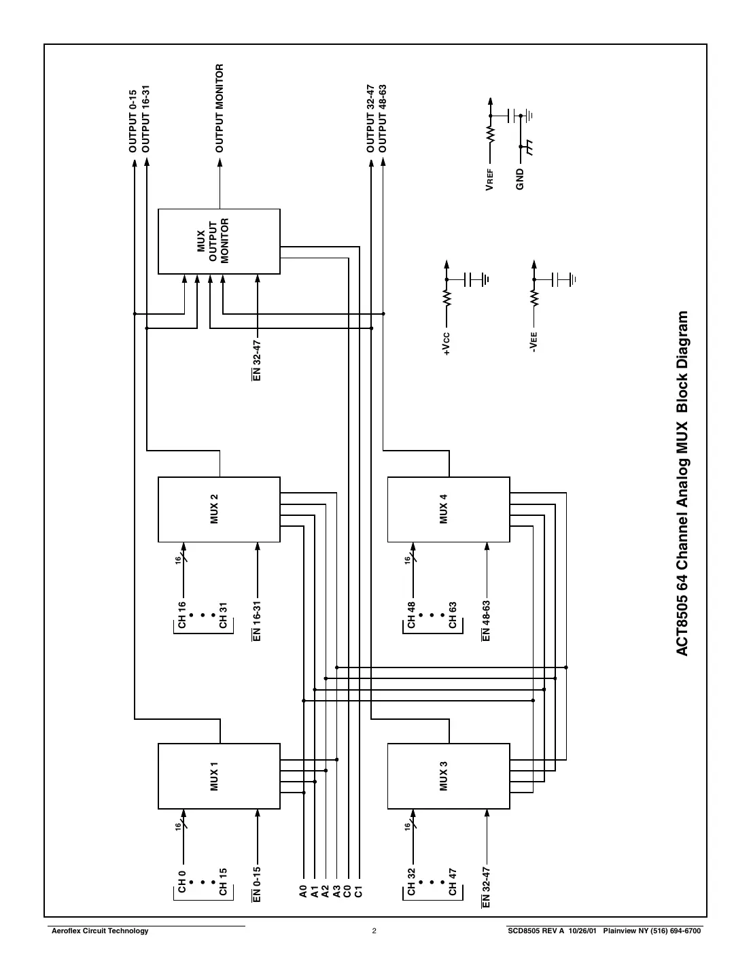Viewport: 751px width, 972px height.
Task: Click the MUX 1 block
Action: (x=219, y=776)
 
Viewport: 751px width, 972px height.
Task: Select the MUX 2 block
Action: (x=219, y=509)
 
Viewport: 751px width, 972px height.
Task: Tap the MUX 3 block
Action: (x=448, y=776)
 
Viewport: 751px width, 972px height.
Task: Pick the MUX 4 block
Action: (x=448, y=509)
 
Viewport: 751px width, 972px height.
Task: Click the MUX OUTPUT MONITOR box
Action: (x=219, y=241)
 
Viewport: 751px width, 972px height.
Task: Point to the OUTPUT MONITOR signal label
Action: (x=220, y=108)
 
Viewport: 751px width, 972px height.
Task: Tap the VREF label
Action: (x=489, y=181)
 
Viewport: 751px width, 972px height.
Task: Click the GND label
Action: (x=520, y=178)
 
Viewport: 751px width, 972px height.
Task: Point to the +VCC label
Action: (x=446, y=343)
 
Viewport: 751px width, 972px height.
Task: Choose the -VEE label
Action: (x=534, y=342)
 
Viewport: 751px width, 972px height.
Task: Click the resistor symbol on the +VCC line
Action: (x=447, y=298)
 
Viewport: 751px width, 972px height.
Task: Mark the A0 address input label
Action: (x=302, y=891)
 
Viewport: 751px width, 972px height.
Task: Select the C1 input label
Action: (x=359, y=891)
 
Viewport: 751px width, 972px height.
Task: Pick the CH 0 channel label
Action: (x=181, y=882)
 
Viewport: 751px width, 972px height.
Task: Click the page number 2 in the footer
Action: (x=374, y=931)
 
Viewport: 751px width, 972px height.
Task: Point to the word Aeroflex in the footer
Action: (x=67, y=931)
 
